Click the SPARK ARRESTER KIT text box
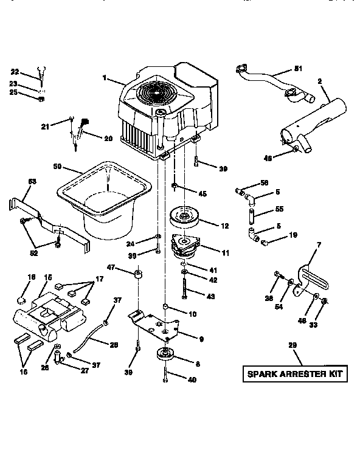(x=296, y=373)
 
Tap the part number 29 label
(x=292, y=345)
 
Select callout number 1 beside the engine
(x=105, y=77)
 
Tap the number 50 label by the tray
(x=58, y=166)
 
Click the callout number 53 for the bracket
(x=32, y=181)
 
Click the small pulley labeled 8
(x=165, y=355)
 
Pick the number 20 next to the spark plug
(x=108, y=138)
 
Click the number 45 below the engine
(x=202, y=194)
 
